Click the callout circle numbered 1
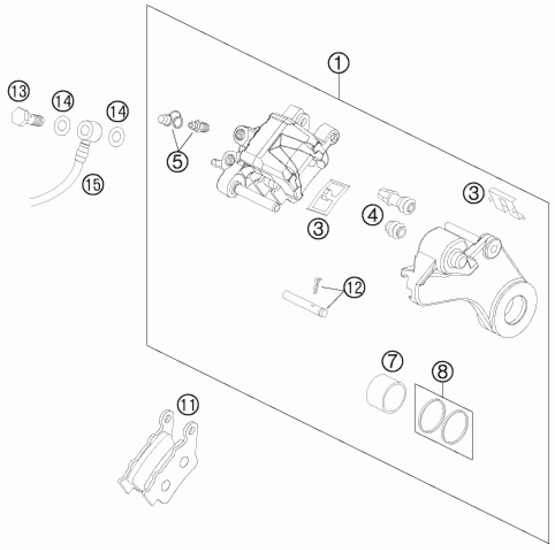click(x=339, y=63)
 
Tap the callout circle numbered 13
click(x=19, y=92)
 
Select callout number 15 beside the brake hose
click(x=93, y=185)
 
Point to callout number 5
click(x=177, y=161)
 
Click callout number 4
click(x=373, y=215)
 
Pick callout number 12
click(x=354, y=287)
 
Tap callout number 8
click(x=443, y=371)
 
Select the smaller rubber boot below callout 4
click(x=396, y=230)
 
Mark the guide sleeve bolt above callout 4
click(x=397, y=201)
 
